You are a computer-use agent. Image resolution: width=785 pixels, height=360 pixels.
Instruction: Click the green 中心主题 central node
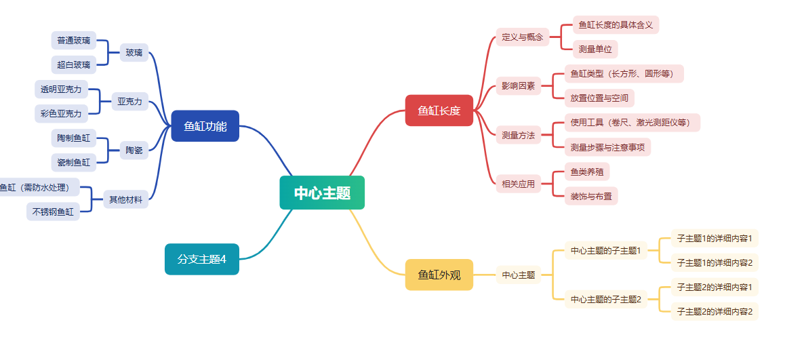point(322,193)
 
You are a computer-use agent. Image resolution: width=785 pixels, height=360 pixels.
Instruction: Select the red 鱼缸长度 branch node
point(439,111)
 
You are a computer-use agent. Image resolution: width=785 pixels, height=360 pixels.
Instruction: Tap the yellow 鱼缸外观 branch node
point(439,275)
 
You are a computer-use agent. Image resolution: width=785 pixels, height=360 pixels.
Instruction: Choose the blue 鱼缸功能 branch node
point(205,126)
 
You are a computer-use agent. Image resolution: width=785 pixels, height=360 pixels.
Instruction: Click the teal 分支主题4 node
point(201,259)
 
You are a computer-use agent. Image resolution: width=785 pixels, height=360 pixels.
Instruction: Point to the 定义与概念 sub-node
point(522,37)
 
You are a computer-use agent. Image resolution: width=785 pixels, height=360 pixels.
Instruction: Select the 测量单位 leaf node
point(595,49)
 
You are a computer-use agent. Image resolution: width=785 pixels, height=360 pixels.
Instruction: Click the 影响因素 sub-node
point(518,86)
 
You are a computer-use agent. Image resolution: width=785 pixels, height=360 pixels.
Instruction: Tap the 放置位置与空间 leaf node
point(599,98)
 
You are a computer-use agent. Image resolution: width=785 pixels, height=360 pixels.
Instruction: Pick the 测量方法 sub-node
point(518,135)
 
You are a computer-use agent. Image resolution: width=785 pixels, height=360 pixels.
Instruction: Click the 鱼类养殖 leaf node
point(586,172)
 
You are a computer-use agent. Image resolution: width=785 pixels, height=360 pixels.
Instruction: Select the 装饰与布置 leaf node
point(591,196)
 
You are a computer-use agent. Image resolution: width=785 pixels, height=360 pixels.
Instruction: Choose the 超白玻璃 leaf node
point(73,65)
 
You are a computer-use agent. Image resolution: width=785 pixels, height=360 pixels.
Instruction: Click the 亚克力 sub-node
point(129,102)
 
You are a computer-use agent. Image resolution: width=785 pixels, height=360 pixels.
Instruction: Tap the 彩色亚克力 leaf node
point(60,113)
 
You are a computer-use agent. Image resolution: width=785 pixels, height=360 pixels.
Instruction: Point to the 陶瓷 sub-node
point(134,151)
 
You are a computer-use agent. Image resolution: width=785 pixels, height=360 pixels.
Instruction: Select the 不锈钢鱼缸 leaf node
point(53,212)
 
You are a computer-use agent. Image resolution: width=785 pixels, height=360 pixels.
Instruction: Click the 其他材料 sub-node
point(125,199)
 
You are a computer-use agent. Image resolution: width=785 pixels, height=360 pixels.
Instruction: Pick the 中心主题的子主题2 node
point(605,299)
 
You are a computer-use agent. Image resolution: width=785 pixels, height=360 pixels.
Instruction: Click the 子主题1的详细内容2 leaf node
point(714,262)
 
